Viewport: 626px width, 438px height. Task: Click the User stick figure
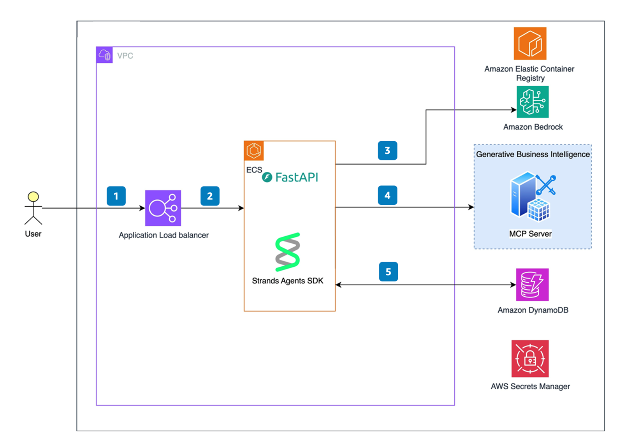(x=33, y=208)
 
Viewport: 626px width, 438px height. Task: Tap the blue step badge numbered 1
(x=116, y=196)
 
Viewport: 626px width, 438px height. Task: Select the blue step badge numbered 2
(x=210, y=196)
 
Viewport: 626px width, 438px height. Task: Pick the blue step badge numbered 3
(x=387, y=151)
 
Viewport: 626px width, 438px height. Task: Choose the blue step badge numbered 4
(x=387, y=195)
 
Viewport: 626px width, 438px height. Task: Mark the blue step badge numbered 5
(x=388, y=272)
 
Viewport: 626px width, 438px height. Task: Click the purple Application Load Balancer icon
(x=163, y=208)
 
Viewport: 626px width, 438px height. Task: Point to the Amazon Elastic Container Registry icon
(x=530, y=43)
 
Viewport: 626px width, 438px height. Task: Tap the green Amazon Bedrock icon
(x=532, y=102)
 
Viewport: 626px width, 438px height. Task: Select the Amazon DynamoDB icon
(x=532, y=285)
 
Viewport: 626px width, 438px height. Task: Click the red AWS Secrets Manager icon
(x=530, y=359)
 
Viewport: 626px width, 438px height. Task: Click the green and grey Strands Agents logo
(x=288, y=252)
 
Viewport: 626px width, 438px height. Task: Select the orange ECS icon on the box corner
(x=254, y=151)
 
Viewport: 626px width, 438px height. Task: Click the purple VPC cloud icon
(x=104, y=55)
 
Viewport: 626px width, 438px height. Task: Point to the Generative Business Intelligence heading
(x=533, y=154)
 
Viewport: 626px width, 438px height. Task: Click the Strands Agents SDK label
(x=287, y=281)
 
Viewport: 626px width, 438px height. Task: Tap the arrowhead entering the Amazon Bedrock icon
(x=514, y=110)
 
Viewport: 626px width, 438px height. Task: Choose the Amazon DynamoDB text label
(x=533, y=310)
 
